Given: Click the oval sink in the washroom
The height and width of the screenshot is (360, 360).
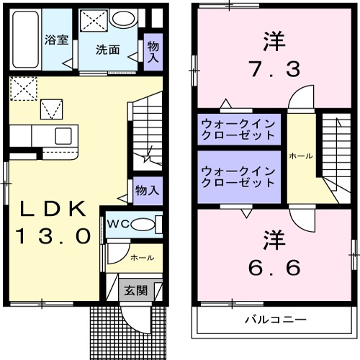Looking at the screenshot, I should point(125,19).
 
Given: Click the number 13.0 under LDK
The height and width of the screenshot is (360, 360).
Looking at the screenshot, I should point(55,235).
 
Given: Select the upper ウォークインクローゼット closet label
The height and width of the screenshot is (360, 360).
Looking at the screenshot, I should point(238,129).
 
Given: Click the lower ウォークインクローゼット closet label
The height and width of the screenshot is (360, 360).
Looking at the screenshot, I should point(238,176).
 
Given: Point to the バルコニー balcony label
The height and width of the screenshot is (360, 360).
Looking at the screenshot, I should point(274,319).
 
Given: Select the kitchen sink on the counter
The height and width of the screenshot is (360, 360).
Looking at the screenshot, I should point(63,135).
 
